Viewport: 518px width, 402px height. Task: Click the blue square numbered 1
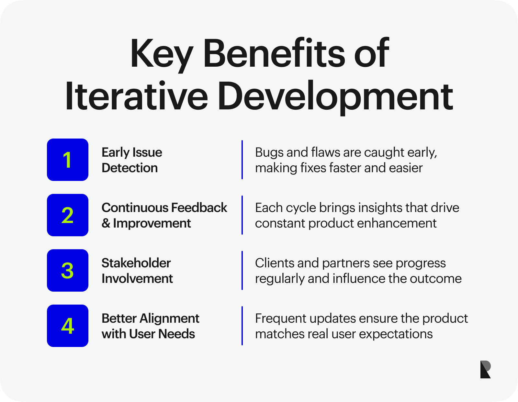point(68,160)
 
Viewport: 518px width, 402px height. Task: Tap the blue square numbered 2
point(68,215)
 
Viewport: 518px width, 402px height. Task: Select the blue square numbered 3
point(68,271)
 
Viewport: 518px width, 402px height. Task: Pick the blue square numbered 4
point(68,326)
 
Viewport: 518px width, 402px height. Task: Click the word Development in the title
point(335,98)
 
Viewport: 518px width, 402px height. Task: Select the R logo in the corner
point(486,369)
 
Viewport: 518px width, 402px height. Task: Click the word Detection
point(130,168)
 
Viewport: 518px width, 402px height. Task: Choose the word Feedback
point(199,207)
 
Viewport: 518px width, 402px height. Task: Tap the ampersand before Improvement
point(106,223)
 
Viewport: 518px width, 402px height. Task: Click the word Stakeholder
point(136,263)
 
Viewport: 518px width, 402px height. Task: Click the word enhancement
point(397,223)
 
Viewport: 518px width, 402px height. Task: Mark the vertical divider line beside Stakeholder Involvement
point(242,271)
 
